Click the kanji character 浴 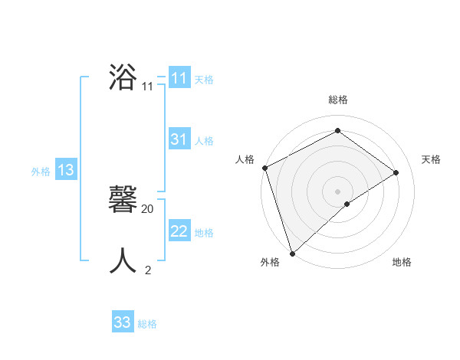point(123,78)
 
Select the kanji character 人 point(123,261)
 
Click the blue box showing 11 point(179,78)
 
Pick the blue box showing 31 point(179,139)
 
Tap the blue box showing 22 point(179,231)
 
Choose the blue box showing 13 point(66,170)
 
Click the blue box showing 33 point(123,322)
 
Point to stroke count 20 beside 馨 point(148,208)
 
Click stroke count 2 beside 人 point(148,270)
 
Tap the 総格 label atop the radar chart point(337,100)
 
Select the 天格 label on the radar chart point(431,159)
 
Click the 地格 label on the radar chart point(402,262)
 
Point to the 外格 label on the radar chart point(270,262)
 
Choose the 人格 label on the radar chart point(245,159)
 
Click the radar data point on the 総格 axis point(337,131)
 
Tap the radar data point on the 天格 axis point(396,172)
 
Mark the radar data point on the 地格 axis point(347,204)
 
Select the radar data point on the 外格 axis point(292,253)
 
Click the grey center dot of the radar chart point(337,191)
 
